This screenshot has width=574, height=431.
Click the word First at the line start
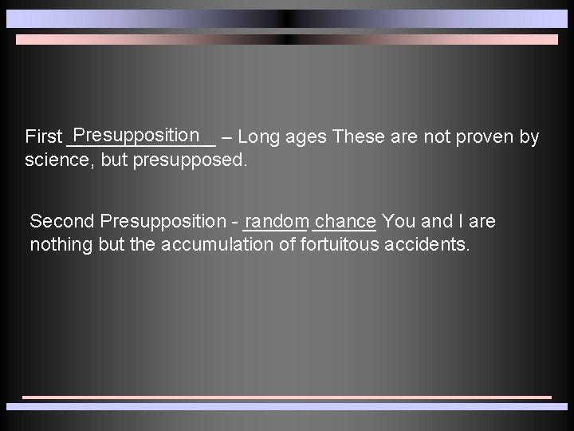tap(43, 137)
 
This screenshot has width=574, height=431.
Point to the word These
tap(359, 137)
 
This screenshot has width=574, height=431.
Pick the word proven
tap(486, 137)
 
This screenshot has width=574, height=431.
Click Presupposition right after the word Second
tap(164, 221)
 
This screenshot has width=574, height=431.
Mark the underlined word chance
tap(345, 221)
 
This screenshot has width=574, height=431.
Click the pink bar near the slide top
tap(287, 39)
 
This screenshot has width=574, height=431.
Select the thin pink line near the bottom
tap(287, 397)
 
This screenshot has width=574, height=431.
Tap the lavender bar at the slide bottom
tap(287, 406)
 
